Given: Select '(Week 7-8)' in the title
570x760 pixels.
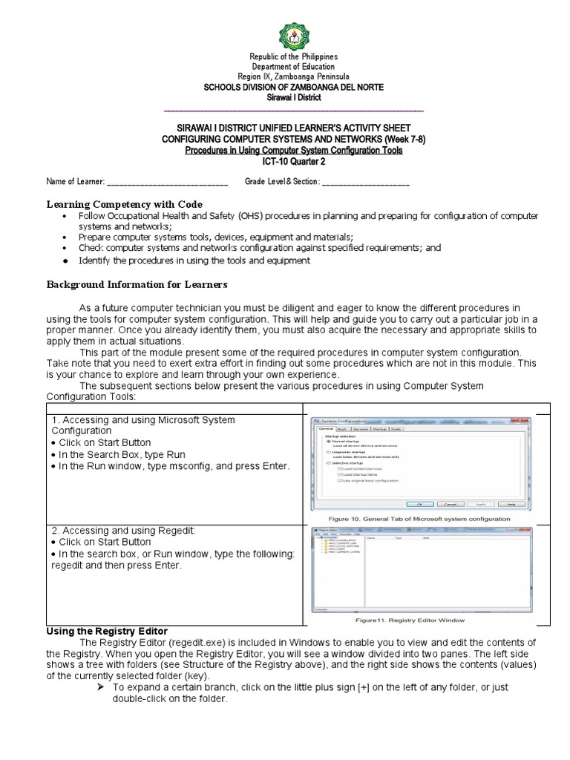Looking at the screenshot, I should click(x=401, y=140).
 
